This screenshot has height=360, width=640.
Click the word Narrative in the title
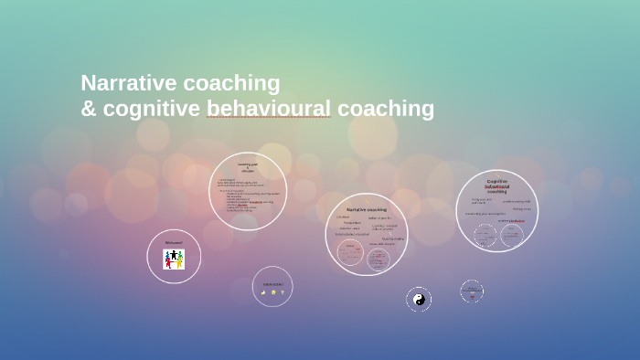[x=127, y=83]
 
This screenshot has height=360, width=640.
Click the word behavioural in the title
[x=269, y=109]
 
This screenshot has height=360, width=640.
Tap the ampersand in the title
[x=89, y=109]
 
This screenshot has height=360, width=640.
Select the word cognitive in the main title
[x=152, y=109]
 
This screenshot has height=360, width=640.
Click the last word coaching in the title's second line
[x=385, y=109]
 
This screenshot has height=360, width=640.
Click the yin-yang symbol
[x=420, y=299]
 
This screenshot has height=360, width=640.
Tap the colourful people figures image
[x=174, y=259]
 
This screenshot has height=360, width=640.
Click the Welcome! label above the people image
[x=174, y=242]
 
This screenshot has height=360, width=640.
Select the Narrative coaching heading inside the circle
[x=366, y=209]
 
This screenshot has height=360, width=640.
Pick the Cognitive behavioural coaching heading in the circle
[x=496, y=186]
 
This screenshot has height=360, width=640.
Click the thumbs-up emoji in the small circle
[x=263, y=293]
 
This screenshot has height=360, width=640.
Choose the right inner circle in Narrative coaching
[x=379, y=259]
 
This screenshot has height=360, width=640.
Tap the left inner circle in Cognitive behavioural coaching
[x=485, y=235]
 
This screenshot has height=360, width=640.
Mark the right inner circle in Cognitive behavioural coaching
[x=512, y=235]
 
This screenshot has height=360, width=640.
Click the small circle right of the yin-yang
[x=472, y=291]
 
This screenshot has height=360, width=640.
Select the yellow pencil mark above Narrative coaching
[x=368, y=199]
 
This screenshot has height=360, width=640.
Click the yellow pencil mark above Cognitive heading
[x=497, y=175]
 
